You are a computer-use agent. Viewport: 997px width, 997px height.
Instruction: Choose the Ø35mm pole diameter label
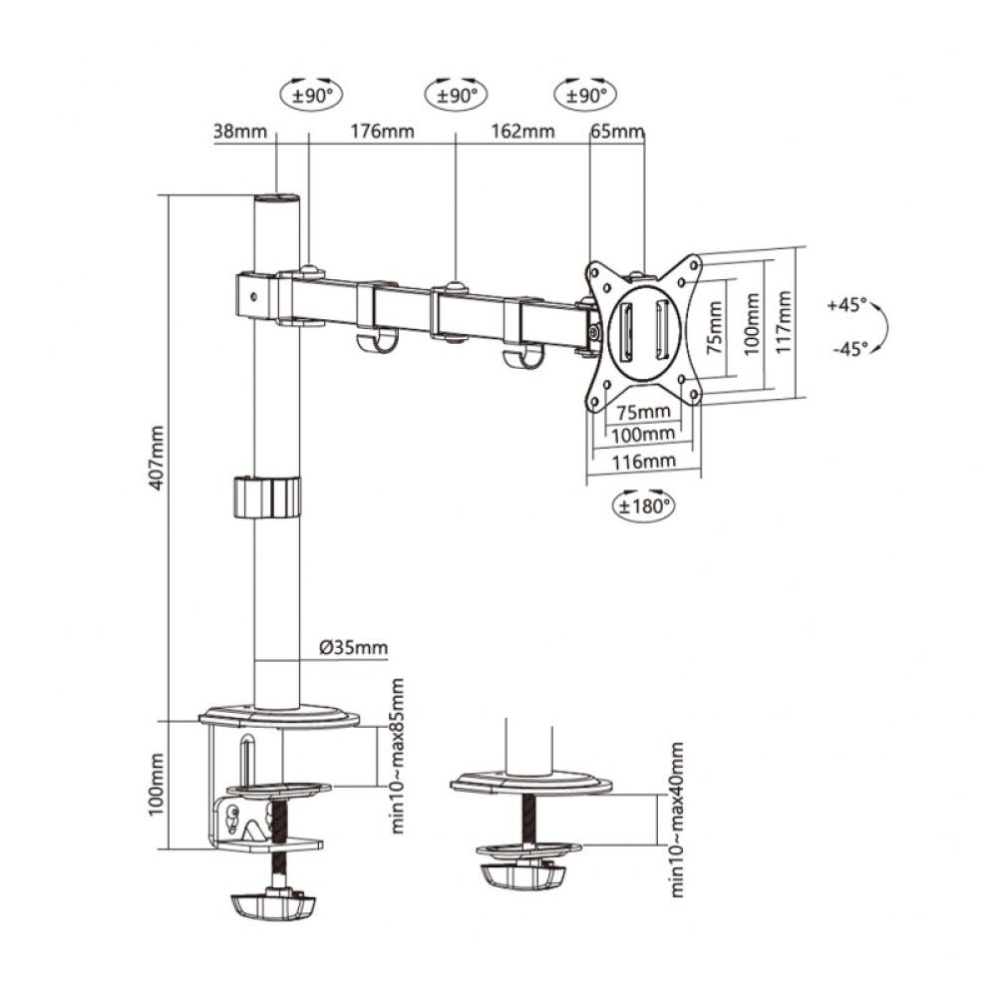click(354, 648)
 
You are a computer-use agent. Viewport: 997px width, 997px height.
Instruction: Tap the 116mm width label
click(643, 461)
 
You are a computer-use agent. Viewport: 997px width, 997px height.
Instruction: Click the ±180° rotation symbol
click(643, 504)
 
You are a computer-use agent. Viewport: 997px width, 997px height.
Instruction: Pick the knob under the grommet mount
click(522, 874)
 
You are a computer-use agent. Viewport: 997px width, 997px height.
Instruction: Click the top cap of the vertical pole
click(277, 199)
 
